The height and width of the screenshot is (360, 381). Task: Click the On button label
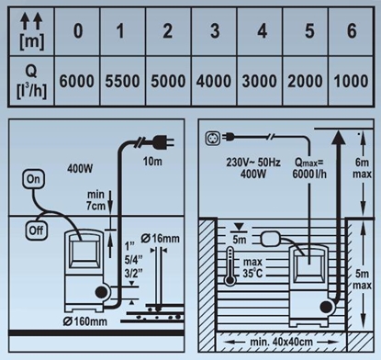coord(35,177)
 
